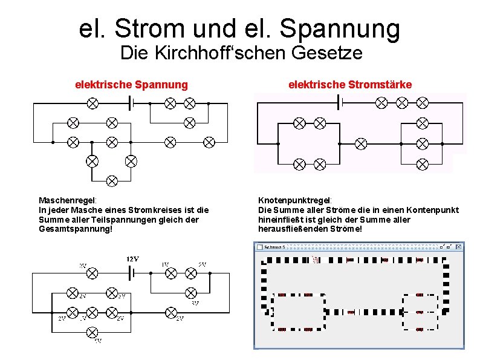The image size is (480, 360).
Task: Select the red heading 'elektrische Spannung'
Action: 131,85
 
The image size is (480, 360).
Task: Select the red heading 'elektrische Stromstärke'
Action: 350,85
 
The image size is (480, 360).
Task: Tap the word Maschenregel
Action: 67,200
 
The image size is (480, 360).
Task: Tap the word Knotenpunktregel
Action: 295,200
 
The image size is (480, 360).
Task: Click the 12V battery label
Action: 133,260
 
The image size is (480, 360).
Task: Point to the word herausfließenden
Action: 294,229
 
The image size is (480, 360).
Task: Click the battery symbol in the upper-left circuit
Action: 132,103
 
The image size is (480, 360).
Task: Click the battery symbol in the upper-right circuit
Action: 340,103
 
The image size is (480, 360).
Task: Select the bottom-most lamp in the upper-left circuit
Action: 112,180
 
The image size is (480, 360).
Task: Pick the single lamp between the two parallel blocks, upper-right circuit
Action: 361,143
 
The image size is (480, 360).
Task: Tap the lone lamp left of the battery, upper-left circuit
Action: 92,103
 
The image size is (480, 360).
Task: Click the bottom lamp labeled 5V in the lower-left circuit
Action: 92,332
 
